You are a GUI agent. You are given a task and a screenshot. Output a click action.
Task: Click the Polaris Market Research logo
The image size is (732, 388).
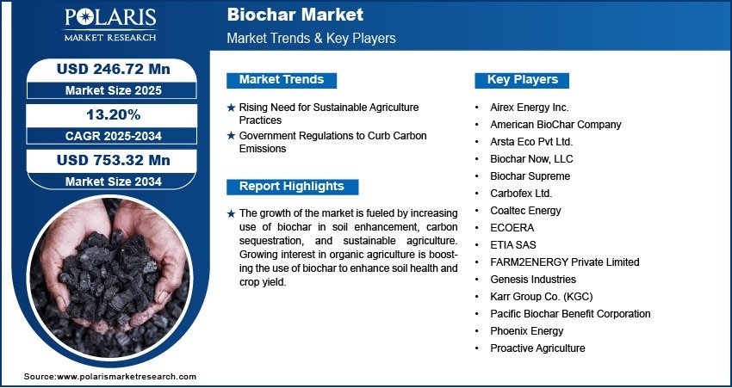point(110,25)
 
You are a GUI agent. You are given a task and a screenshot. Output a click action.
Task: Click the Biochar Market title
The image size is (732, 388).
point(295,15)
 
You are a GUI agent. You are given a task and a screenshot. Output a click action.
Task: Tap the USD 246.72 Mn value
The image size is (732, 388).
point(114,69)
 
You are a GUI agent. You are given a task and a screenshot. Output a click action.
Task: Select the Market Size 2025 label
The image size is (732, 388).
point(114,90)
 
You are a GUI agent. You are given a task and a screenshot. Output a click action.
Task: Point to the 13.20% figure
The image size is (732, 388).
point(114,114)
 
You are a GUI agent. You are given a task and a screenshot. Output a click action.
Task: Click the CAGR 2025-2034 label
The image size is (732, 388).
point(114,136)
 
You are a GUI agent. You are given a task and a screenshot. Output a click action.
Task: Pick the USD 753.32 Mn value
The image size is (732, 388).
point(114,160)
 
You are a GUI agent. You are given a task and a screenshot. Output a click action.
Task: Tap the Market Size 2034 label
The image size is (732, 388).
point(114,182)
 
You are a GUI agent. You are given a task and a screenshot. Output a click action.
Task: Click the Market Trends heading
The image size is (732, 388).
point(282,80)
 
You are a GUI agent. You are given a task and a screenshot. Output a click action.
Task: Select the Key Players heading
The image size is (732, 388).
point(523,80)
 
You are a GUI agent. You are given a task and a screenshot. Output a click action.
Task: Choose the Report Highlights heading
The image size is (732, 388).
point(292,187)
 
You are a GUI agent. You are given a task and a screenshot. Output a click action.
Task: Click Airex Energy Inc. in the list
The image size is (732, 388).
point(530,108)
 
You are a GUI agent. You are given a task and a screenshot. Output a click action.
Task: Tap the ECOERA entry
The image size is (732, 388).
point(512,228)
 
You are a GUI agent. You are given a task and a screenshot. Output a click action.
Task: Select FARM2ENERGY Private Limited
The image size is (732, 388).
point(564,262)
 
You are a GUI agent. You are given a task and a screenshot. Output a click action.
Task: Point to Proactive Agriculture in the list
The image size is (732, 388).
point(537,348)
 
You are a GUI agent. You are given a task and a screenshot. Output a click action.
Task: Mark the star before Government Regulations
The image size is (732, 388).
point(231,136)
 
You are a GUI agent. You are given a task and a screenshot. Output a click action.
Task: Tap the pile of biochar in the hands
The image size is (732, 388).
point(110,280)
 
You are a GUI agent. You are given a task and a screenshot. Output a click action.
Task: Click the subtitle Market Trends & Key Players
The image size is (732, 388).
point(312,38)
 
